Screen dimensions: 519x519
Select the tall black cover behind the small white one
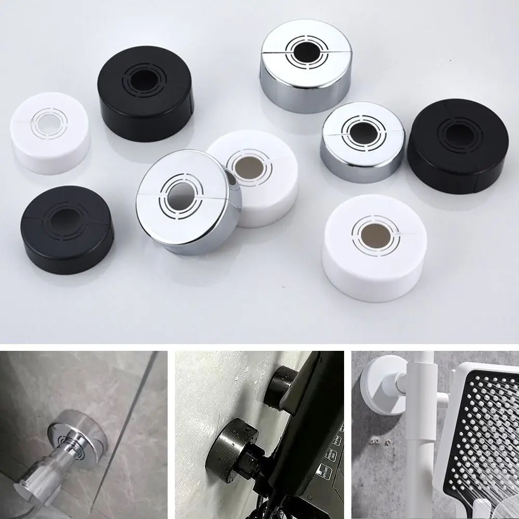(x=146, y=99)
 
